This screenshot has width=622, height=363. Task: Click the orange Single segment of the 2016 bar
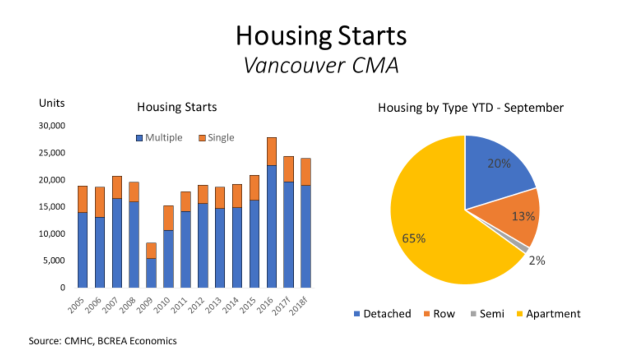(272, 152)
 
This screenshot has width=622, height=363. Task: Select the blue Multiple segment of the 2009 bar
(151, 273)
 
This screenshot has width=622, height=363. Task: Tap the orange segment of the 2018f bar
(306, 172)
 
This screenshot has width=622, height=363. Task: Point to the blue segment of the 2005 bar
(82, 250)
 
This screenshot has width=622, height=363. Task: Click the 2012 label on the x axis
(197, 305)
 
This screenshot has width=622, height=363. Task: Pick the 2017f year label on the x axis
(281, 306)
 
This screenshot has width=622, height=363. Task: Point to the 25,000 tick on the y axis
(52, 153)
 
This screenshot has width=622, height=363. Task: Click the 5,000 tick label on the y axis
(54, 260)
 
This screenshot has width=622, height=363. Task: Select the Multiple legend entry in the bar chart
(159, 138)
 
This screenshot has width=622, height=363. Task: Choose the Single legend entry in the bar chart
(217, 138)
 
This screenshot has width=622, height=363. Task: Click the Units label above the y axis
(52, 103)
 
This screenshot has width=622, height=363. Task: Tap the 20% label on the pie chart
(499, 164)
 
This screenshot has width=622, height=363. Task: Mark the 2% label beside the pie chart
(537, 261)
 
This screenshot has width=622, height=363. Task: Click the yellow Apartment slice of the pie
(433, 222)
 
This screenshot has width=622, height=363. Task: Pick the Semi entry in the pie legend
(487, 314)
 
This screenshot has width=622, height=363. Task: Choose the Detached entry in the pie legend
(383, 314)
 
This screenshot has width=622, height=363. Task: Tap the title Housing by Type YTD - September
(471, 108)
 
